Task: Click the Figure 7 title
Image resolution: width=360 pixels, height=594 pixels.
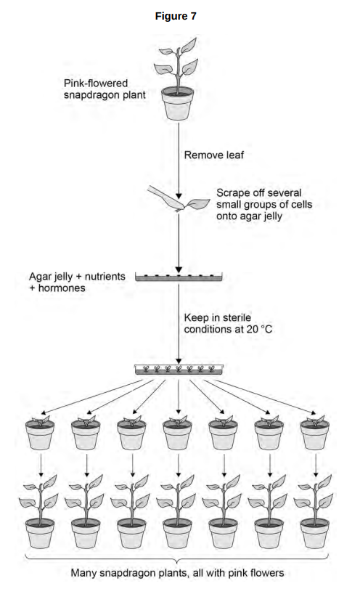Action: (176, 16)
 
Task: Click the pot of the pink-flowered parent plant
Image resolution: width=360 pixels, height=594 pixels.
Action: (177, 103)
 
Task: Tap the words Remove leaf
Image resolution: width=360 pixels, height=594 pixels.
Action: (214, 155)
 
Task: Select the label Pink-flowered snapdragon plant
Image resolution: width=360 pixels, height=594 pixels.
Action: (105, 89)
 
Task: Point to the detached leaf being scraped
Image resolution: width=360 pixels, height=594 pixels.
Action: (197, 204)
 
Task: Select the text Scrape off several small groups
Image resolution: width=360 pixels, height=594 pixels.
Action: (264, 198)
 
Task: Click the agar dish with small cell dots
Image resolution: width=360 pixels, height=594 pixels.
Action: (179, 277)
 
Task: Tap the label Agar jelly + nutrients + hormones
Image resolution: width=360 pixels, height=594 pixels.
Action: (77, 282)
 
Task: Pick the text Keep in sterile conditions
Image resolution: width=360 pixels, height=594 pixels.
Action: (218, 323)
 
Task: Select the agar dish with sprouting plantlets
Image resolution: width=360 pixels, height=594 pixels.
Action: (179, 370)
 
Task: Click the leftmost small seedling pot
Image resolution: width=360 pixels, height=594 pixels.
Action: (40, 434)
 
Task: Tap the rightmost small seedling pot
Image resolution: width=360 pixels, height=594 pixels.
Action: (314, 434)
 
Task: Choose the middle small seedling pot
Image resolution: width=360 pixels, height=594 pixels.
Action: (177, 434)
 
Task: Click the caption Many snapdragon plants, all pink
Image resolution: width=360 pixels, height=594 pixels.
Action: (177, 573)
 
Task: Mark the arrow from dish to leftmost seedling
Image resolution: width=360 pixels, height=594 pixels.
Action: (92, 396)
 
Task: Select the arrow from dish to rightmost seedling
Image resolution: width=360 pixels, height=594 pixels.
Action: (265, 396)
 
